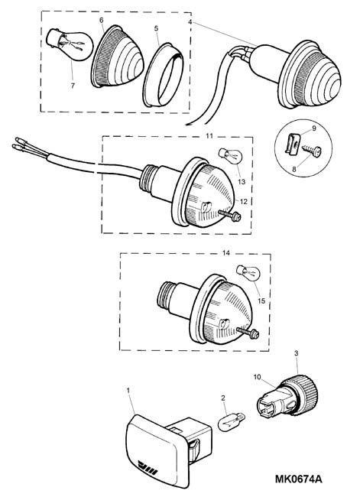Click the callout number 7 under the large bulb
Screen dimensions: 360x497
[x=73, y=86]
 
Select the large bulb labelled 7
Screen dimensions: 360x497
[x=70, y=44]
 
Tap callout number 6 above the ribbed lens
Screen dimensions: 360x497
[x=102, y=21]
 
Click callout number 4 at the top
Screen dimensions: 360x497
[x=190, y=22]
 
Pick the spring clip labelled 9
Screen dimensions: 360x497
[x=293, y=145]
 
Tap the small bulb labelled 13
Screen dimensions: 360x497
[x=230, y=156]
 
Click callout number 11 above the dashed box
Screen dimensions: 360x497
[x=209, y=136]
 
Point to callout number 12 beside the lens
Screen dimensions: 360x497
[x=244, y=201]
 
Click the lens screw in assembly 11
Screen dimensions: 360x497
[x=230, y=216]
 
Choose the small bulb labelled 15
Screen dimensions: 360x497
[x=249, y=274]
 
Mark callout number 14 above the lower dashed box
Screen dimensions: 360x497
[x=226, y=253]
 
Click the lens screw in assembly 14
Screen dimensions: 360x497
[x=248, y=333]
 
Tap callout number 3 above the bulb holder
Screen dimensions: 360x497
[x=297, y=353]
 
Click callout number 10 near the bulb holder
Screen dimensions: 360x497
[x=257, y=377]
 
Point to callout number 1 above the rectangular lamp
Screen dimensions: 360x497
[x=128, y=390]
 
